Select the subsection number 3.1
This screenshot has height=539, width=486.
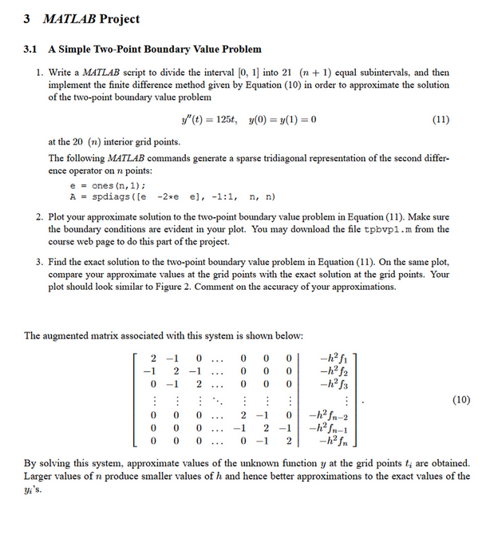33,50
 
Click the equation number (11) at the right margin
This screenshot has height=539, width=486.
440,120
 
